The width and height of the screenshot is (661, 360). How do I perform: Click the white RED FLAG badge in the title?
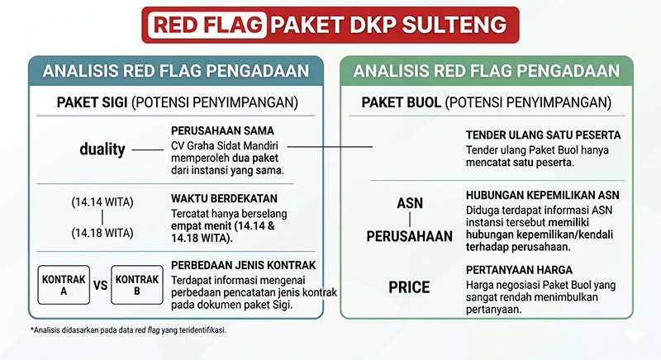(x=207, y=25)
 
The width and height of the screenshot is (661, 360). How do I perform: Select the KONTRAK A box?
(x=64, y=285)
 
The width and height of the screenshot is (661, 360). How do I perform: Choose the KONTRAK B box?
(x=137, y=285)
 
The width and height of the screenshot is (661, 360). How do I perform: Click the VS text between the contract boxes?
(x=100, y=286)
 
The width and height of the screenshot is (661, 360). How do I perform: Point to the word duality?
(x=102, y=149)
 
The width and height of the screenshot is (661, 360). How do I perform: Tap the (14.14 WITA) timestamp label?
(x=102, y=202)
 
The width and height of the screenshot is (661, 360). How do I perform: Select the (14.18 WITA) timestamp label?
(x=102, y=233)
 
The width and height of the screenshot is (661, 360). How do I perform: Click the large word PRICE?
(x=409, y=287)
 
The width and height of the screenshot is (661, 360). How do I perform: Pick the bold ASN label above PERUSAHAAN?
(x=410, y=203)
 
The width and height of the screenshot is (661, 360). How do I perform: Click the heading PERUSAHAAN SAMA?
(x=222, y=130)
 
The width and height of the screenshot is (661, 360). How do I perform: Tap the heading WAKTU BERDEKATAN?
(x=224, y=198)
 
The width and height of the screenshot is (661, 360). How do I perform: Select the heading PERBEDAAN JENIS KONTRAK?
(x=243, y=265)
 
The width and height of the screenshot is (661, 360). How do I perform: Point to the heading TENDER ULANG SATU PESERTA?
(x=544, y=135)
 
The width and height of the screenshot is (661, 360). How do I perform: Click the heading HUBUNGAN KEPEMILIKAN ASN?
(x=543, y=196)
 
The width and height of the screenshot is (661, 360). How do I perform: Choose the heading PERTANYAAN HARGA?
(x=519, y=270)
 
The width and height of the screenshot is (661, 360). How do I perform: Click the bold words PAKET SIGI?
(x=92, y=102)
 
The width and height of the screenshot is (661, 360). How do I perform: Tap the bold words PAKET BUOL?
(x=401, y=102)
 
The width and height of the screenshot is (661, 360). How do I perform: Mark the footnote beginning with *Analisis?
(x=128, y=330)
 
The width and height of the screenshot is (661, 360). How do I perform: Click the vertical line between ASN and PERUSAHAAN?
(x=410, y=220)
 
